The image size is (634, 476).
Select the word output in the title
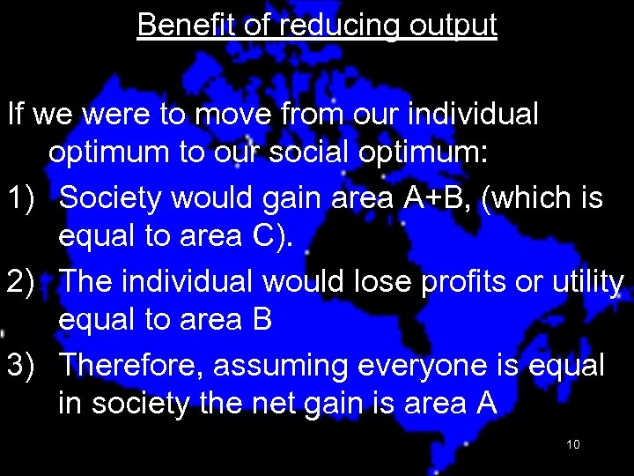[453, 25]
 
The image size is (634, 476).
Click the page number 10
[572, 444]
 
